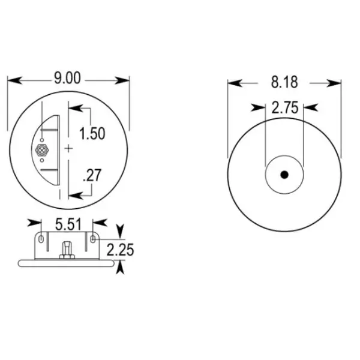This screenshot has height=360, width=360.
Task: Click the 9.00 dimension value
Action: tap(68, 78)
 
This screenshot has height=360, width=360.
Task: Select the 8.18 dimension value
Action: tap(284, 82)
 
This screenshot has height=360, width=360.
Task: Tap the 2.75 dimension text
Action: tap(284, 108)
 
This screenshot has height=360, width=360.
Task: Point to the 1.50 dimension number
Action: tap(92, 133)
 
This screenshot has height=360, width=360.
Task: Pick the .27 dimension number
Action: tap(91, 176)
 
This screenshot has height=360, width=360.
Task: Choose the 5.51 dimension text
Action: tap(68, 224)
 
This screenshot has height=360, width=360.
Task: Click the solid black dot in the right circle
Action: tap(284, 175)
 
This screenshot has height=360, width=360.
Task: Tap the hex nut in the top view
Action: tap(41, 150)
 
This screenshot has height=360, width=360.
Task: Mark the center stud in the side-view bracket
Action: tap(67, 248)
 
